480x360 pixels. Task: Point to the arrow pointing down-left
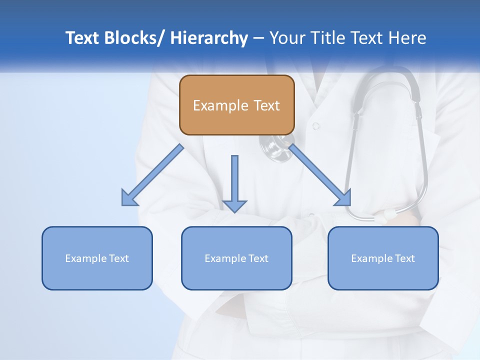(x=152, y=175)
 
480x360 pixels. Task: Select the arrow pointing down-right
(x=320, y=175)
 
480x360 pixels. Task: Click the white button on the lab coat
(x=315, y=126)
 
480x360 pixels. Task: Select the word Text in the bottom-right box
(x=404, y=258)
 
